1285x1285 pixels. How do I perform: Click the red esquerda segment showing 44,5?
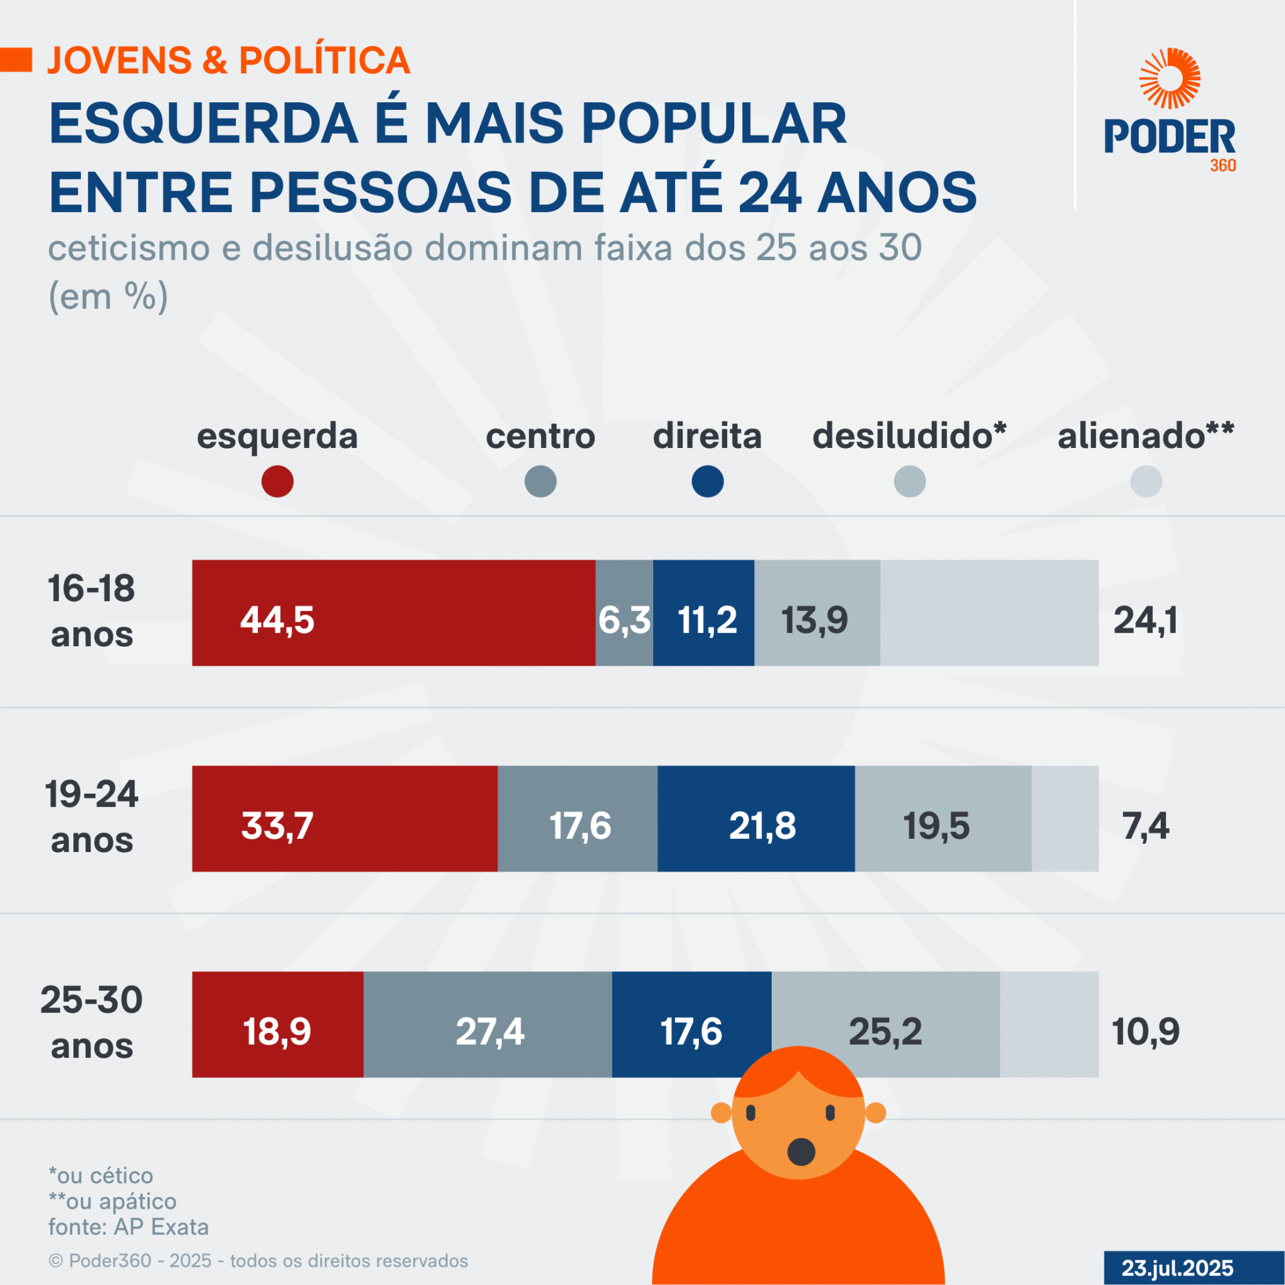point(393,612)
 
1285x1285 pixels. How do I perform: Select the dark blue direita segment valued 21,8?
point(755,818)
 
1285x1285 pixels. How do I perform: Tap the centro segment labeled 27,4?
point(488,1024)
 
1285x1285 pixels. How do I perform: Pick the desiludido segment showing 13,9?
point(817,612)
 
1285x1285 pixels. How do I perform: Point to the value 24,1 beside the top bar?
point(1145,621)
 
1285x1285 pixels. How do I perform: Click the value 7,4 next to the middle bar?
point(1145,826)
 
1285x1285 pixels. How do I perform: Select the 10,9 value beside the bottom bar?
point(1145,1032)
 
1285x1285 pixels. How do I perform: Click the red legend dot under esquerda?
point(277,481)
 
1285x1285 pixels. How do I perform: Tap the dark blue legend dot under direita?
point(707,481)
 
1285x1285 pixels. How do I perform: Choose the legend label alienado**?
point(1145,436)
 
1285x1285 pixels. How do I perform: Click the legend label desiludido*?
point(909,436)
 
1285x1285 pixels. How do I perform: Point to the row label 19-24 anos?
point(92,817)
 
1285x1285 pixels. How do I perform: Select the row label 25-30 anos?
point(92,1022)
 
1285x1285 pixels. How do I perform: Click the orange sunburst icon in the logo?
point(1170,78)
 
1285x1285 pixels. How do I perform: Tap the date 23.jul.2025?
point(1177,1267)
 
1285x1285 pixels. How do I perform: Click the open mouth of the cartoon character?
point(801,1152)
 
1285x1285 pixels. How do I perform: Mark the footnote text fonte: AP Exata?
point(129,1227)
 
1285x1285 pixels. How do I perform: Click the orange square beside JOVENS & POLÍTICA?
point(16,60)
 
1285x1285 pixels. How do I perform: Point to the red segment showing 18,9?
point(277,1024)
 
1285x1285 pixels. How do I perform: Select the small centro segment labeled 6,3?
point(624,612)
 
